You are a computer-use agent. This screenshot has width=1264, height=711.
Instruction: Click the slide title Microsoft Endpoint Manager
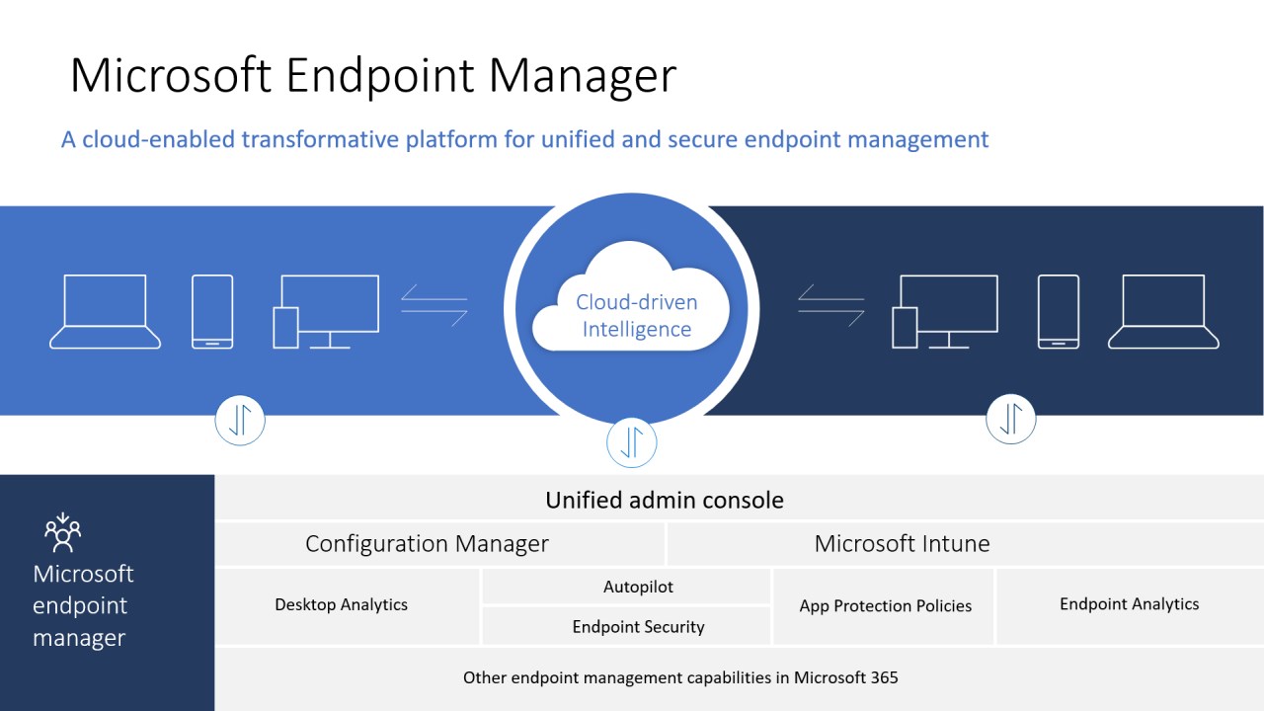coord(373,76)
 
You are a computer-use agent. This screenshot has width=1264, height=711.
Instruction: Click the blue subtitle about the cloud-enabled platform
coord(524,139)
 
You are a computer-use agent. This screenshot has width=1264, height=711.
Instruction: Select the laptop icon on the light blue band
coord(106,311)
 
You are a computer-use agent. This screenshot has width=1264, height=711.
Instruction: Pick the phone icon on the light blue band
coord(212,311)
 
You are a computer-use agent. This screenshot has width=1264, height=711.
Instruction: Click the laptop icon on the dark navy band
coord(1163,311)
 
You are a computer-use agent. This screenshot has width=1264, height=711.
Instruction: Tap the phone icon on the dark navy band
coord(1058,311)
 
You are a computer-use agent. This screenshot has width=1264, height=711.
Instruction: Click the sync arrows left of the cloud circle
coord(434,304)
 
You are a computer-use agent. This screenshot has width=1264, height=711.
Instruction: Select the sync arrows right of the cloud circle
coord(831,304)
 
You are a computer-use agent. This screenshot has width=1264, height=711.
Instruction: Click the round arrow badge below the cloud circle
coord(631,441)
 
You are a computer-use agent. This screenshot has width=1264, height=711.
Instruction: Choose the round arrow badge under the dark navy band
coord(1010,419)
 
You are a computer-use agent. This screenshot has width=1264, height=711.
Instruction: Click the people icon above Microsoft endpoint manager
coord(62,533)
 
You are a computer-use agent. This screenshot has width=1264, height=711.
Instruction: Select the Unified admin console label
coord(665,500)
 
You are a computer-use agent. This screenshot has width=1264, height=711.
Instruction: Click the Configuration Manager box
coord(427,543)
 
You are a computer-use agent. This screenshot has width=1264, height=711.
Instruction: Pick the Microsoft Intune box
coord(902,543)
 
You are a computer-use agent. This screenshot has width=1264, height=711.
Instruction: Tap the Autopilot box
coord(638,587)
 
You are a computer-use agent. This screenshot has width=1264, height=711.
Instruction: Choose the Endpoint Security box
coord(638,627)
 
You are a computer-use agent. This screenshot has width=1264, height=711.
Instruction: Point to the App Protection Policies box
coord(885,605)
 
